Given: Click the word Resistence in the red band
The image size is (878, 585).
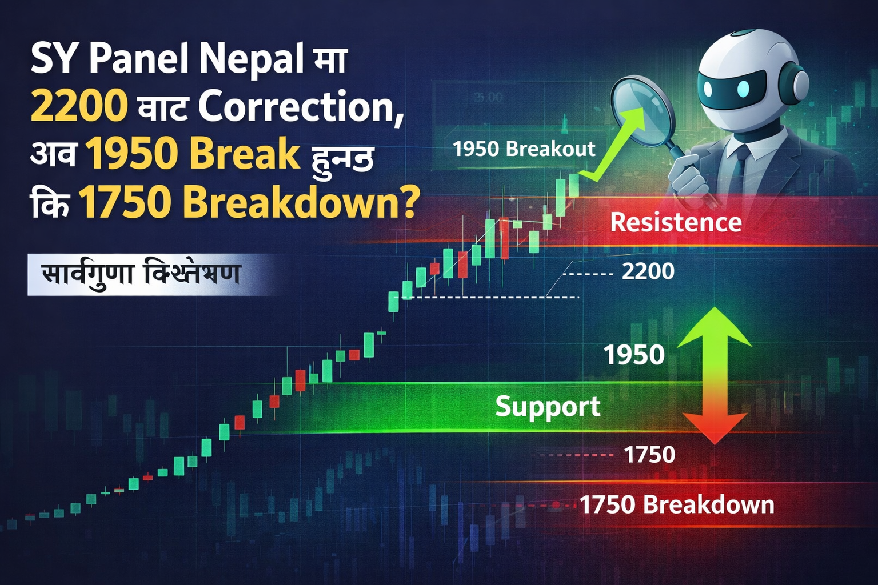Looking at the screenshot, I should click(x=676, y=222).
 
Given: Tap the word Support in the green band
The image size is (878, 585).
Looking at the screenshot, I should click(x=548, y=407).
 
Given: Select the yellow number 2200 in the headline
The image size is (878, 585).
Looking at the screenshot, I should click(x=79, y=106).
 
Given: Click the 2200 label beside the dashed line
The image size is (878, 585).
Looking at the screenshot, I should click(x=648, y=271).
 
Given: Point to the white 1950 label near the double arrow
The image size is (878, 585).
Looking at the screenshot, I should click(x=634, y=355).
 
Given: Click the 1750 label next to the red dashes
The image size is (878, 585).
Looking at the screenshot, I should click(x=649, y=455).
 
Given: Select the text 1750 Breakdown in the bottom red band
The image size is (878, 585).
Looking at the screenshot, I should click(x=677, y=505).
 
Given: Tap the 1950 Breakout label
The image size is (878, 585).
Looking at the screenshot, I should click(x=524, y=149).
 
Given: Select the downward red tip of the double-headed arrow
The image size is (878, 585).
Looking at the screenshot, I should click(x=714, y=431).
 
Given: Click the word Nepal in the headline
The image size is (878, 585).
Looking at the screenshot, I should click(x=250, y=58).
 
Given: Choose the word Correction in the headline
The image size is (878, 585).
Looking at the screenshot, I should click(x=301, y=106).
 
